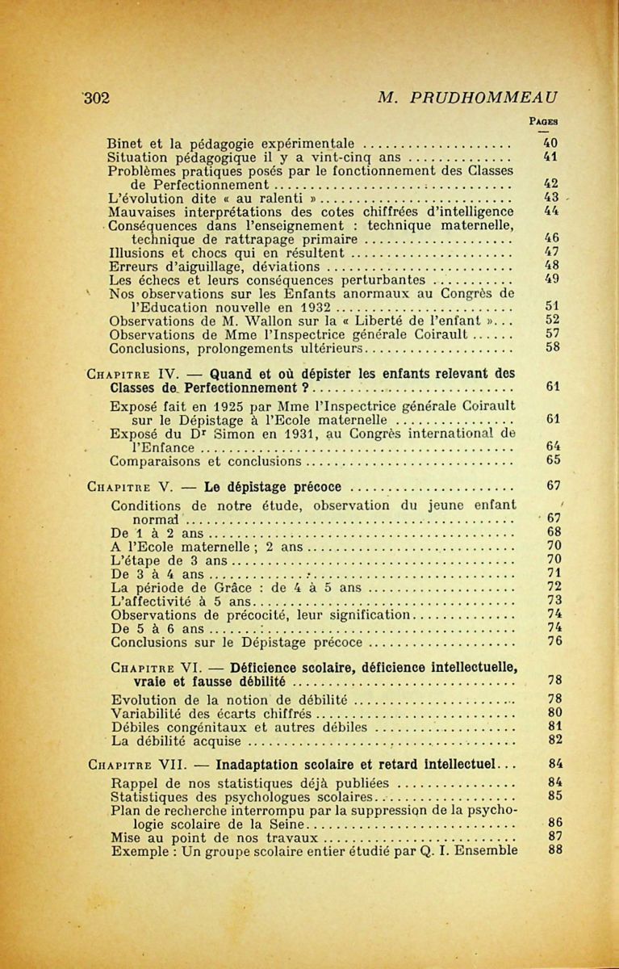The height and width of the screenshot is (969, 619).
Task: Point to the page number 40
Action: point(552,145)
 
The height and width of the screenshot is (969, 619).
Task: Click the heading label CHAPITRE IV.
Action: point(125,374)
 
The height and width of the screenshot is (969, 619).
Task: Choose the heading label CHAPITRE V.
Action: point(122,487)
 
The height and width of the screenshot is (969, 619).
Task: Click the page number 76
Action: point(554,642)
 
